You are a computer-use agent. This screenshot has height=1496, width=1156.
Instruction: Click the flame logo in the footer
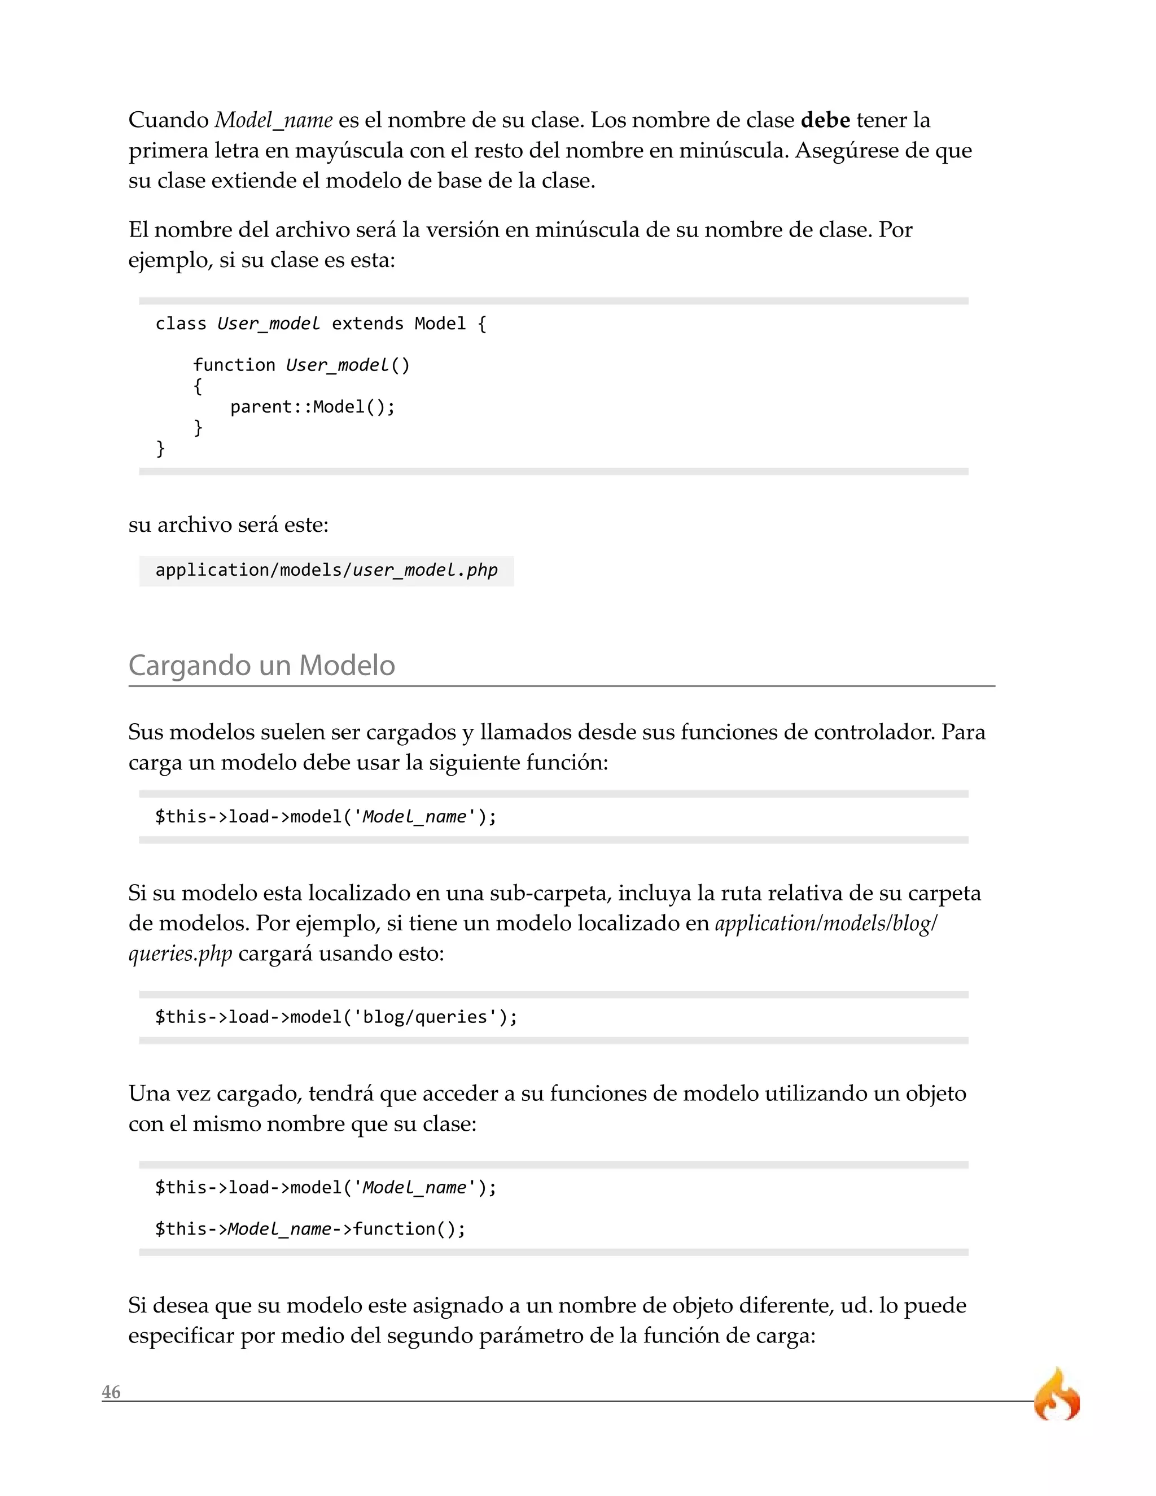coord(1057,1394)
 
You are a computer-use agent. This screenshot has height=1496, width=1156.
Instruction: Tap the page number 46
coord(111,1392)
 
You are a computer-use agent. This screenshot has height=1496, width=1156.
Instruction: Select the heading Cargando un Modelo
coord(261,665)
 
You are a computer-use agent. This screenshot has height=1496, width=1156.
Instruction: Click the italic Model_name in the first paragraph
coord(274,121)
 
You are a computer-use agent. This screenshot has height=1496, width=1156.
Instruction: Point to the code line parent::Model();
coord(312,407)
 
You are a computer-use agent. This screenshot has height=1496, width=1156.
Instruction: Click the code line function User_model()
coord(301,365)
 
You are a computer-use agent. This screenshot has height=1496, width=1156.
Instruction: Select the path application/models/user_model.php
coord(326,570)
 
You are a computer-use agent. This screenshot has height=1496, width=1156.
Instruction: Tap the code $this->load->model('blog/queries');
coord(336,1017)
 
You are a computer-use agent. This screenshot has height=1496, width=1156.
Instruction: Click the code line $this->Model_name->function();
coord(310,1229)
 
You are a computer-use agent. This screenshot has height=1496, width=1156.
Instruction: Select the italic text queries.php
coord(180,953)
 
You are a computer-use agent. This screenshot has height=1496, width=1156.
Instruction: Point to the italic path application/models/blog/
coord(826,924)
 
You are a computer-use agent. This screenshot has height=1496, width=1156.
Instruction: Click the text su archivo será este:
coord(229,524)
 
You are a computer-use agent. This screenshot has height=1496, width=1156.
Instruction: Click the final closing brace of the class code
coord(161,449)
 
